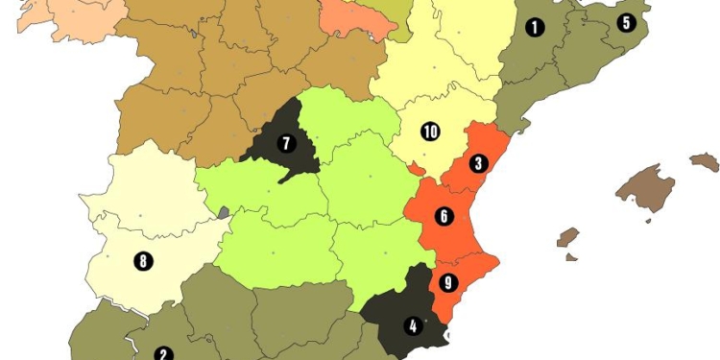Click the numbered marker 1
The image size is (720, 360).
pyautogui.click(x=535, y=27)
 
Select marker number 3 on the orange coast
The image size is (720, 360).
pyautogui.click(x=478, y=162)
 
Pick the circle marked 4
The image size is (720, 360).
pyautogui.click(x=414, y=324)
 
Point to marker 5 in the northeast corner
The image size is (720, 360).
pyautogui.click(x=627, y=22)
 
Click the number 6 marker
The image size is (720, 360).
pyautogui.click(x=444, y=216)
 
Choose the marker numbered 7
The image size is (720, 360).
pyautogui.click(x=285, y=144)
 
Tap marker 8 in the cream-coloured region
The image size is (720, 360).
pyautogui.click(x=143, y=259)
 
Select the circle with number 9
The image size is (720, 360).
pyautogui.click(x=447, y=283)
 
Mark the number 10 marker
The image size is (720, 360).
pyautogui.click(x=429, y=131)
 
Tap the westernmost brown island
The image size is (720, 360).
pyautogui.click(x=568, y=237)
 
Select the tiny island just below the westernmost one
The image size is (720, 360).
pyautogui.click(x=571, y=257)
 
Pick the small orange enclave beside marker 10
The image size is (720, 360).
pyautogui.click(x=415, y=169)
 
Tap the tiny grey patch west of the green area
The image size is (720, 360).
pyautogui.click(x=223, y=213)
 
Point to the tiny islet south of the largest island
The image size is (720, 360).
pyautogui.click(x=649, y=220)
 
